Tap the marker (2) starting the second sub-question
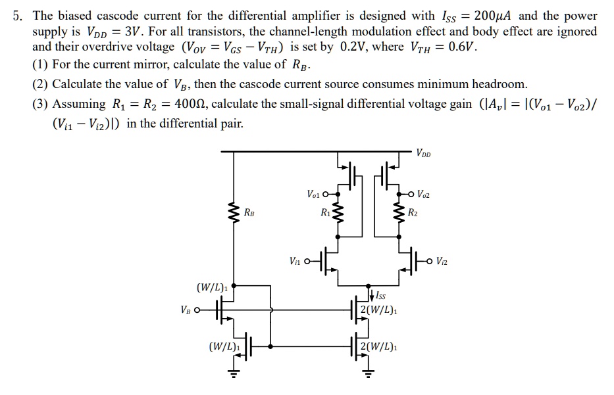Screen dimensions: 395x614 point(40,84)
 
